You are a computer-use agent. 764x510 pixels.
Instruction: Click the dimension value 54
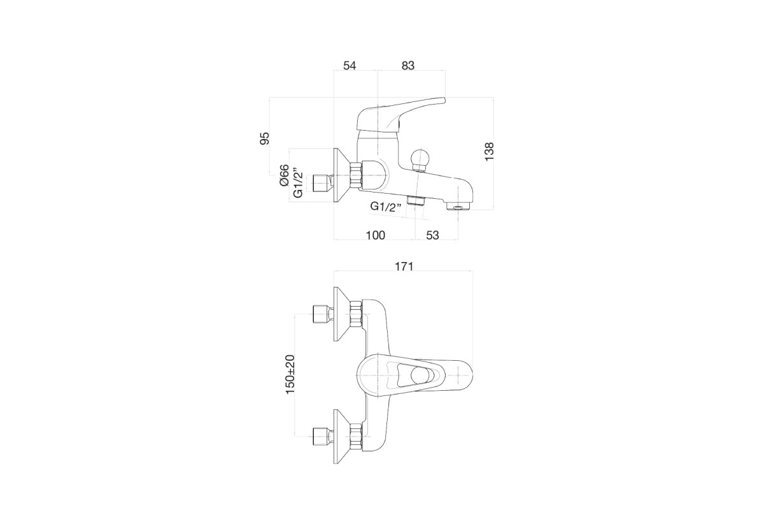[350, 65]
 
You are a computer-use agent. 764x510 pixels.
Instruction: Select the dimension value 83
[408, 65]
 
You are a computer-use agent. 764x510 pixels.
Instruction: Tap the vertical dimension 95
[265, 138]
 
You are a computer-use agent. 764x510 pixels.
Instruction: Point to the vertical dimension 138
[489, 152]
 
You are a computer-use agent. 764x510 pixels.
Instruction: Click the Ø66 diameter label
[285, 175]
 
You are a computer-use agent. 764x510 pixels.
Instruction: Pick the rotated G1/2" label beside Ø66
[298, 183]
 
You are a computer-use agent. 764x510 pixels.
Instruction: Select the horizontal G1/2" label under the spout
[386, 207]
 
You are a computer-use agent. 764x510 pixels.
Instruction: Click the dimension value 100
[375, 235]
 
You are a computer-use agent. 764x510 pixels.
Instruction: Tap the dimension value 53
[432, 235]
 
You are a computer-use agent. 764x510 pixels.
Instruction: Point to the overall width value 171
[404, 266]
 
